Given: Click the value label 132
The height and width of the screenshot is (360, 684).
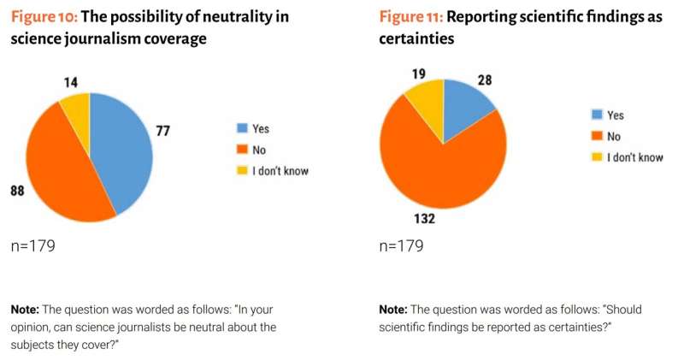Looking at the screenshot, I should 426,219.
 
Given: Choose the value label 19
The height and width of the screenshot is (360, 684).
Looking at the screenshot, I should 418,74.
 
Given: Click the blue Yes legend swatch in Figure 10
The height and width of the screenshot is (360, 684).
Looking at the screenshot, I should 243,129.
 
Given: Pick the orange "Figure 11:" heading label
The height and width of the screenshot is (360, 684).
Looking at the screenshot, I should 410,17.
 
